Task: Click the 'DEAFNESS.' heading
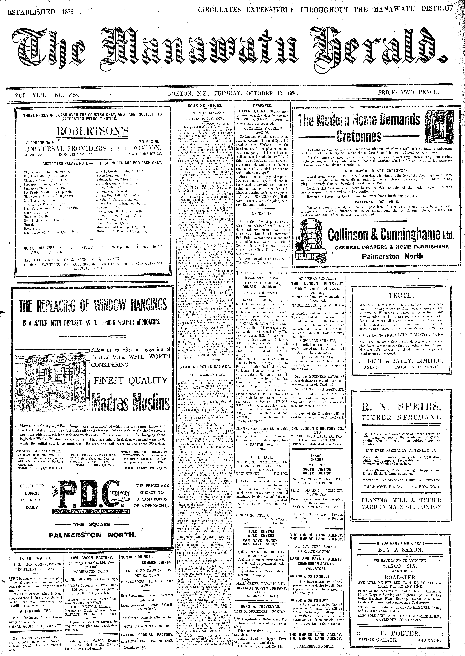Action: click(x=262, y=106)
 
